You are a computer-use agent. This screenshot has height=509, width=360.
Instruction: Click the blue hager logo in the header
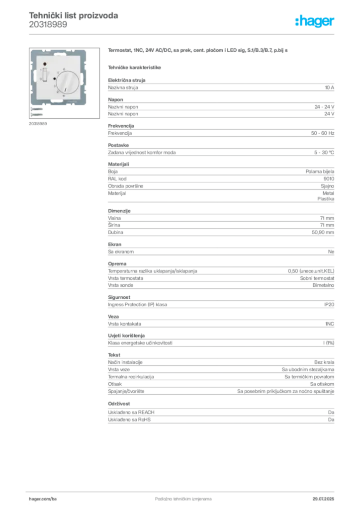click(316, 22)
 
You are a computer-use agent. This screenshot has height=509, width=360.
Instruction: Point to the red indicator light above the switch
click(44, 64)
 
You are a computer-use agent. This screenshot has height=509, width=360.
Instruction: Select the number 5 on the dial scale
click(58, 73)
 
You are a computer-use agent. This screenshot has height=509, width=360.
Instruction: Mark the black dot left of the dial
click(54, 79)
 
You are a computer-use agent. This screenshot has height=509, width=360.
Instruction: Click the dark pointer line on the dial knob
click(66, 89)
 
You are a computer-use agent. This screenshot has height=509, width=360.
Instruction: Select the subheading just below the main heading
click(135, 67)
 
